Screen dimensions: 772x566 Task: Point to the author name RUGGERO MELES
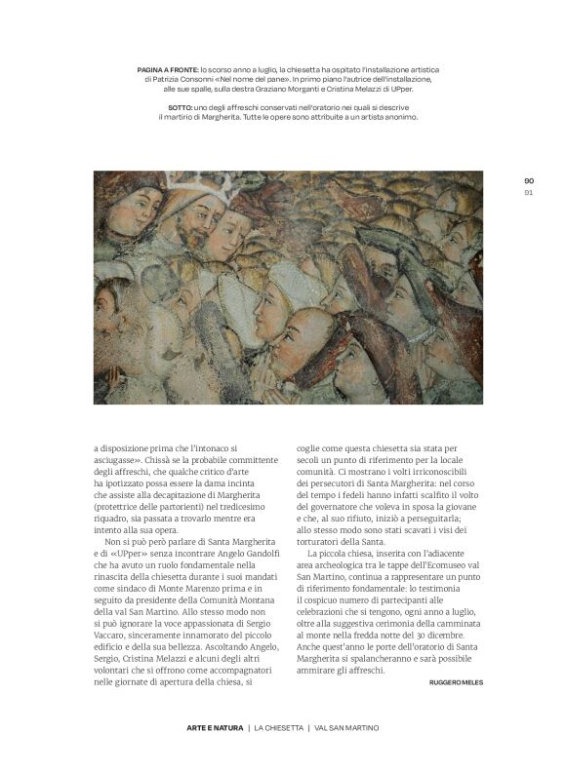click(456, 681)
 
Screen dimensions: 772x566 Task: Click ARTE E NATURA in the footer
click(214, 728)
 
